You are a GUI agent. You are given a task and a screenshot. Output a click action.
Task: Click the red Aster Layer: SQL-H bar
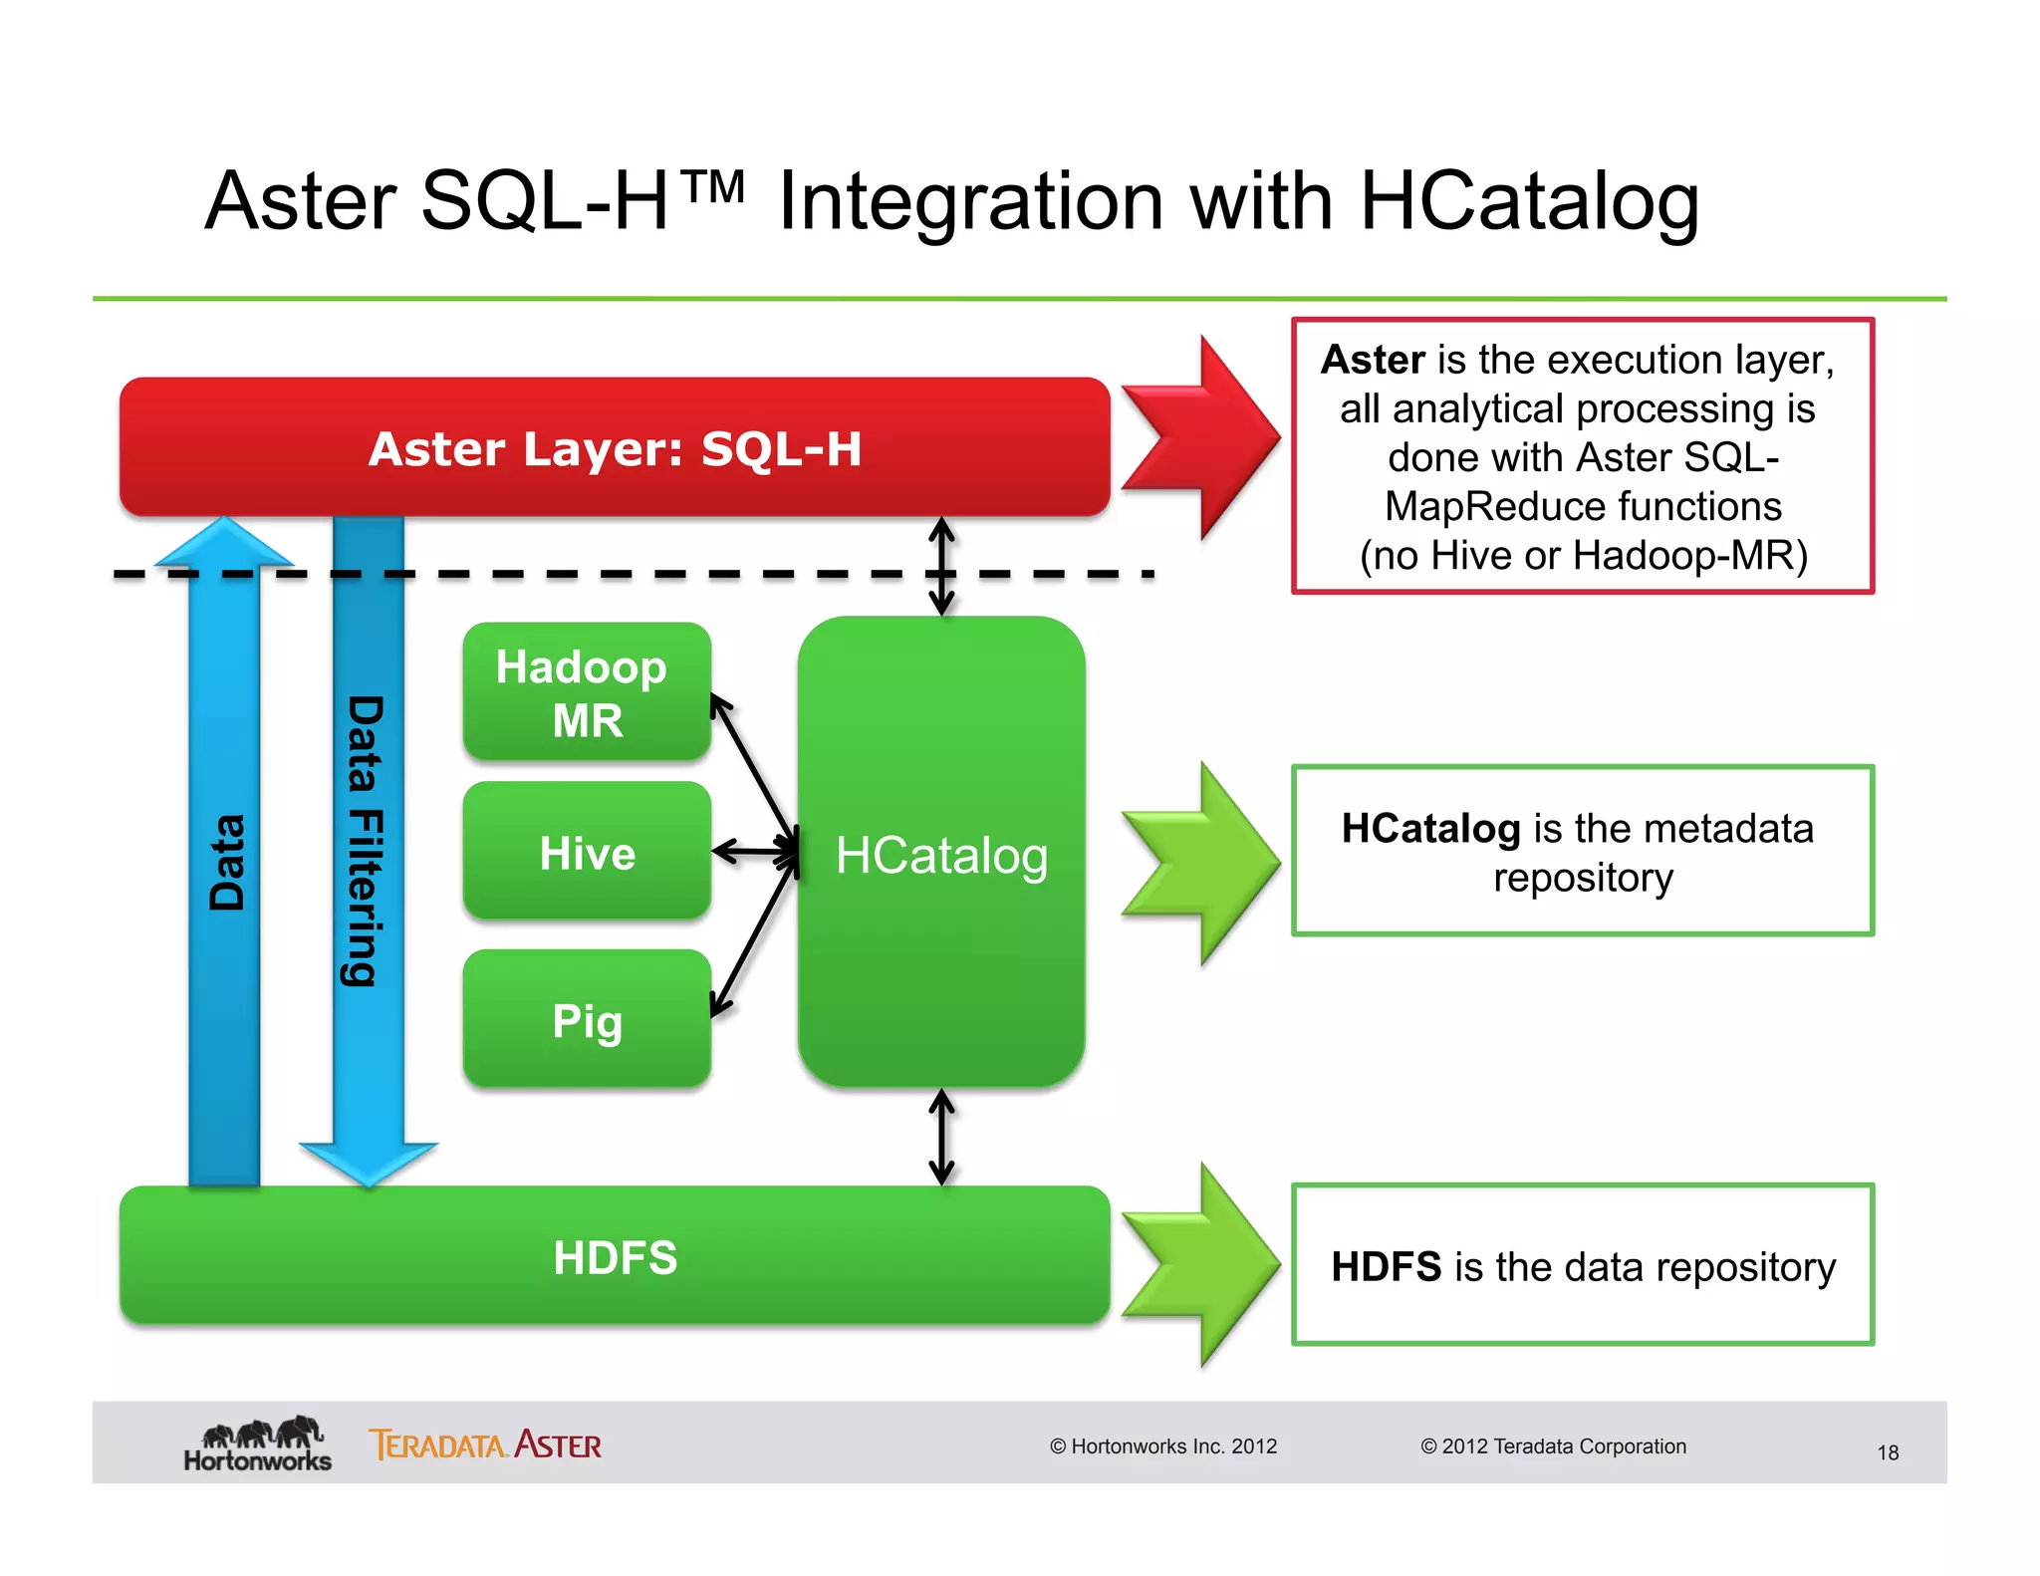click(x=615, y=447)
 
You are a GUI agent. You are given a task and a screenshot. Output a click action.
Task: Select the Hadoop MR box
click(x=587, y=692)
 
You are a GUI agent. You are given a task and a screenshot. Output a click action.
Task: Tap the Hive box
click(x=587, y=853)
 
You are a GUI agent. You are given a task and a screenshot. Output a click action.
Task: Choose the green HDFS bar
click(x=615, y=1256)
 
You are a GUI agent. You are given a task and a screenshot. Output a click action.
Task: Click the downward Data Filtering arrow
click(x=368, y=847)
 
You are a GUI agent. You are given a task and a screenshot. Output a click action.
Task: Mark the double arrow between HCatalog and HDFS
click(x=941, y=1137)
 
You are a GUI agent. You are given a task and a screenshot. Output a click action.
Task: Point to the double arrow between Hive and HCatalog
click(x=755, y=852)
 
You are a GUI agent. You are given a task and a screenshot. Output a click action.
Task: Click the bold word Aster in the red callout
click(x=1372, y=360)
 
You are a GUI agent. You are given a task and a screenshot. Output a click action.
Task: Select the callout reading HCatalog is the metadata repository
click(x=1582, y=851)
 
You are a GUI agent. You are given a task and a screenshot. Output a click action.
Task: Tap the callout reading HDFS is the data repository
click(x=1582, y=1265)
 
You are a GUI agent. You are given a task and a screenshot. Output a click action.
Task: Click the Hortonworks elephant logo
click(x=258, y=1444)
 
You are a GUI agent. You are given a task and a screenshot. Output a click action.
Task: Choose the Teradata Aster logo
click(x=485, y=1445)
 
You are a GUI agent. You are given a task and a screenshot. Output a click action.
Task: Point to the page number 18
click(x=1888, y=1452)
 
